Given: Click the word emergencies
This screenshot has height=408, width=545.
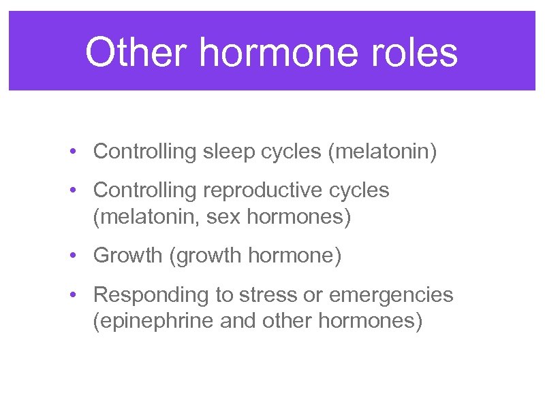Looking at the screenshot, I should point(391,295).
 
